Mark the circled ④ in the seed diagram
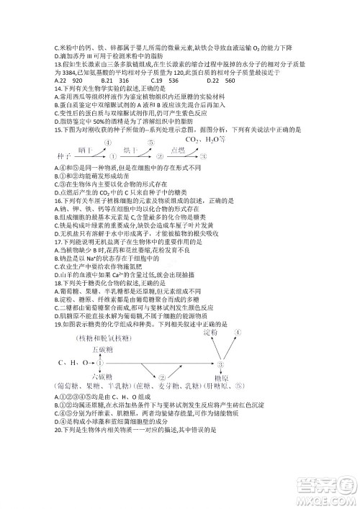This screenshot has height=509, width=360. (109, 142)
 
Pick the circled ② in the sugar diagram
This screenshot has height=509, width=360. (163, 376)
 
